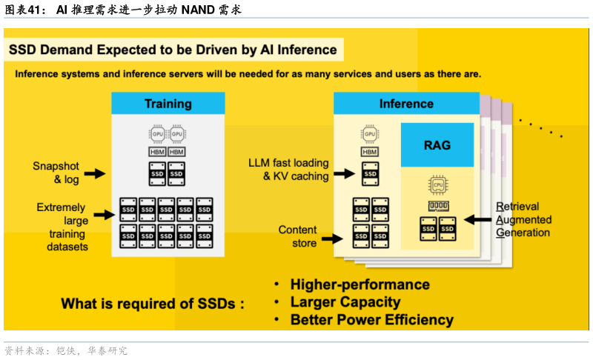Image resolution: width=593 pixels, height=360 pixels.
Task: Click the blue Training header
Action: pyautogui.click(x=168, y=104)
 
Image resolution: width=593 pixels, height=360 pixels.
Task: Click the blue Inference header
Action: pyautogui.click(x=406, y=104)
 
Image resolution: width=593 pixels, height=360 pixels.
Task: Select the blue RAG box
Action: pyautogui.click(x=437, y=145)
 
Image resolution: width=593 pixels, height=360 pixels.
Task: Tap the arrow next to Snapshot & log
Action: pyautogui.click(x=94, y=173)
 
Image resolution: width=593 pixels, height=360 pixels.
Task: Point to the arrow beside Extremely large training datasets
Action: pyautogui.click(x=107, y=216)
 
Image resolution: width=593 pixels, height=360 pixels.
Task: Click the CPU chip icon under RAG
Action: pyautogui.click(x=437, y=183)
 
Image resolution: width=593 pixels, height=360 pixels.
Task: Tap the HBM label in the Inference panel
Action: pyautogui.click(x=369, y=152)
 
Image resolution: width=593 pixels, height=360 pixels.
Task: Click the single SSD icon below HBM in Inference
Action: pyautogui.click(x=371, y=174)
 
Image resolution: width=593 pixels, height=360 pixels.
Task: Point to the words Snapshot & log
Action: pyautogui.click(x=56, y=173)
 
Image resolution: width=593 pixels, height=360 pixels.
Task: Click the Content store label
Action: pyautogui.click(x=297, y=236)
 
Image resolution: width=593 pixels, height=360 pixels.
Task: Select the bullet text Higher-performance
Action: pyautogui.click(x=360, y=284)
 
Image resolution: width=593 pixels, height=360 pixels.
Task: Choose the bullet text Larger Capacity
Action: pyautogui.click(x=345, y=302)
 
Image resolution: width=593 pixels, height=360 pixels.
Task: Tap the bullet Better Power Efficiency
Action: pyautogui.click(x=371, y=320)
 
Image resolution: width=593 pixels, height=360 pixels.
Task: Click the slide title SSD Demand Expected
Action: pyautogui.click(x=173, y=50)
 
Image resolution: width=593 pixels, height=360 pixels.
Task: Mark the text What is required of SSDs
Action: pyautogui.click(x=152, y=304)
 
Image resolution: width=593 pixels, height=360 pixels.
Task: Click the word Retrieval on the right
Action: pyautogui.click(x=517, y=207)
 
